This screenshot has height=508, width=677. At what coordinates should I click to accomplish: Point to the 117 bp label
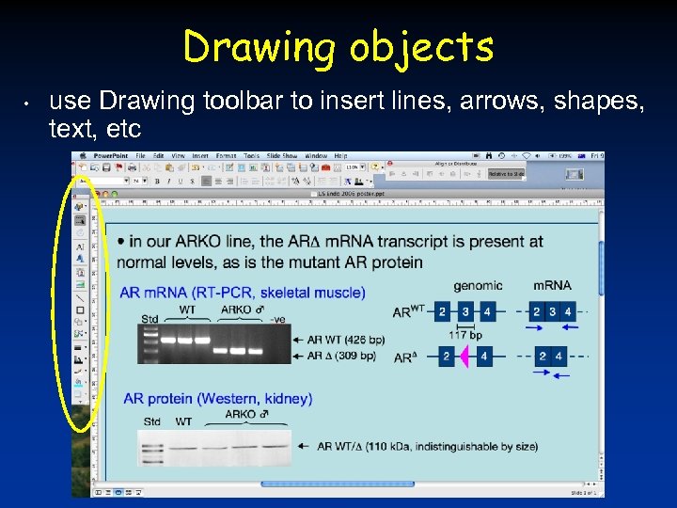tap(465, 334)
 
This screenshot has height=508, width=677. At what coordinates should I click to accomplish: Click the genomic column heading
tap(478, 285)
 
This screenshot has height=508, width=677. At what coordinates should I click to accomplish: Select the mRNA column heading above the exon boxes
tap(552, 285)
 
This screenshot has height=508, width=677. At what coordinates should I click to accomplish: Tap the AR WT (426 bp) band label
tap(346, 339)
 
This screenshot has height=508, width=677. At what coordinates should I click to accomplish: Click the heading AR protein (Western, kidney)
tap(217, 399)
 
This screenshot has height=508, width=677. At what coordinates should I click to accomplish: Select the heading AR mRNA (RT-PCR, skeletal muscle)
tap(243, 293)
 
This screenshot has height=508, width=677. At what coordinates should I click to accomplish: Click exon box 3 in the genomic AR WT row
tap(466, 311)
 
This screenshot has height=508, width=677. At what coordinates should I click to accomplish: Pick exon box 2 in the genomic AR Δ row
tap(447, 357)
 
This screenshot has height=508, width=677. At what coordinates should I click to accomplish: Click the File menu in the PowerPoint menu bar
tap(140, 155)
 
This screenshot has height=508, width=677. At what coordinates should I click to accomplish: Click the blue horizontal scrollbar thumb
tap(324, 484)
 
